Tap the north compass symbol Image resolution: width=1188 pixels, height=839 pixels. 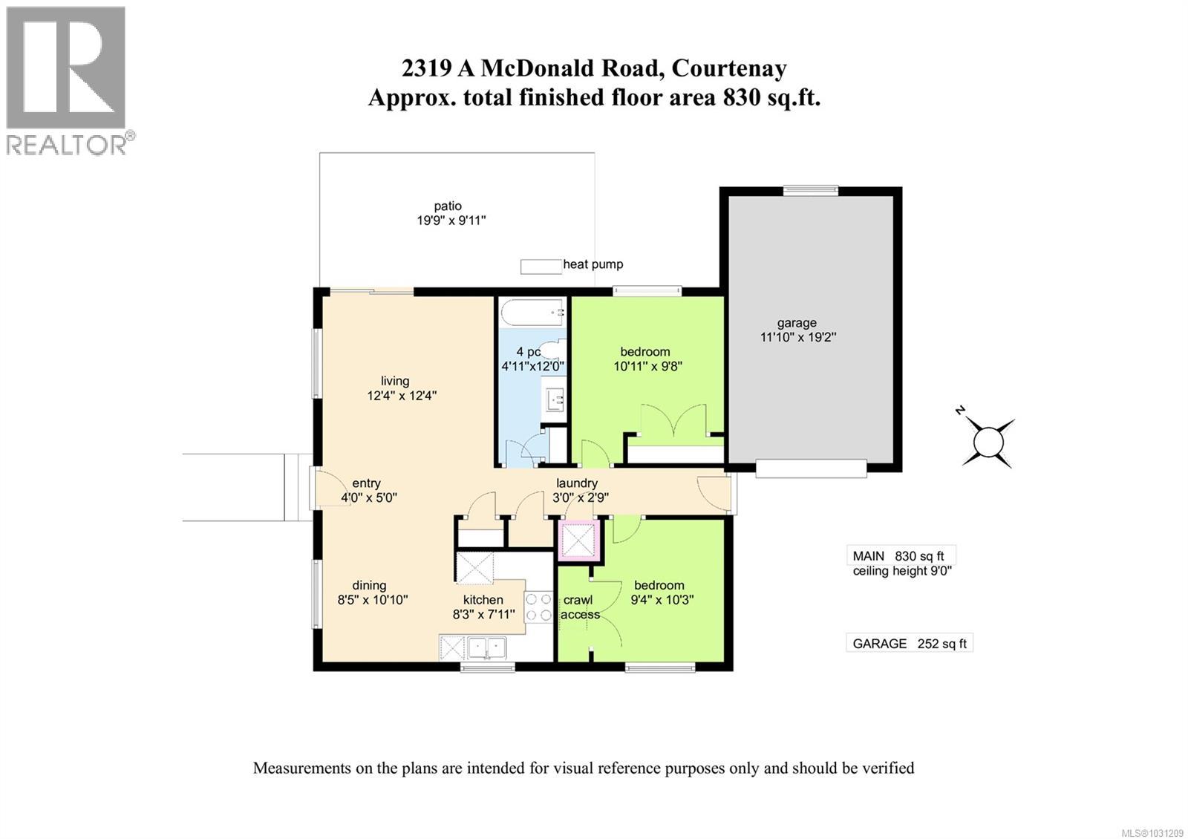coord(988,443)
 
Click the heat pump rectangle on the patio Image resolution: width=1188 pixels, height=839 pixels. coord(541,266)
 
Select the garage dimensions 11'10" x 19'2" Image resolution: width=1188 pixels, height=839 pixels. coord(797,337)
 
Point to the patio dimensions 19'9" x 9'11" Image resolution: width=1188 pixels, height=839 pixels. coord(451,221)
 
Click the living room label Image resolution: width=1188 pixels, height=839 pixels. coord(395,381)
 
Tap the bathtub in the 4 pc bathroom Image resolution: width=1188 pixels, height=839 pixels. coord(532,312)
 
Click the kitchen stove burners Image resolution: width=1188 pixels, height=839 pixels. coord(539,606)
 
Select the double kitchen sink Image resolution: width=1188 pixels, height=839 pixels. coord(486,648)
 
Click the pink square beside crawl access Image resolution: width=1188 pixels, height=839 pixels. coord(579,539)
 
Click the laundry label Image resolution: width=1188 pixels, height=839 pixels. coord(577,483)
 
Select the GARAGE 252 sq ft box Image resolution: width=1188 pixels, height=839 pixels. coord(909,644)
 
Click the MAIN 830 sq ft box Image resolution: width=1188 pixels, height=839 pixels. coord(900,556)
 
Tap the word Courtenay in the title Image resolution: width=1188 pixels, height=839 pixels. coord(728,68)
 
